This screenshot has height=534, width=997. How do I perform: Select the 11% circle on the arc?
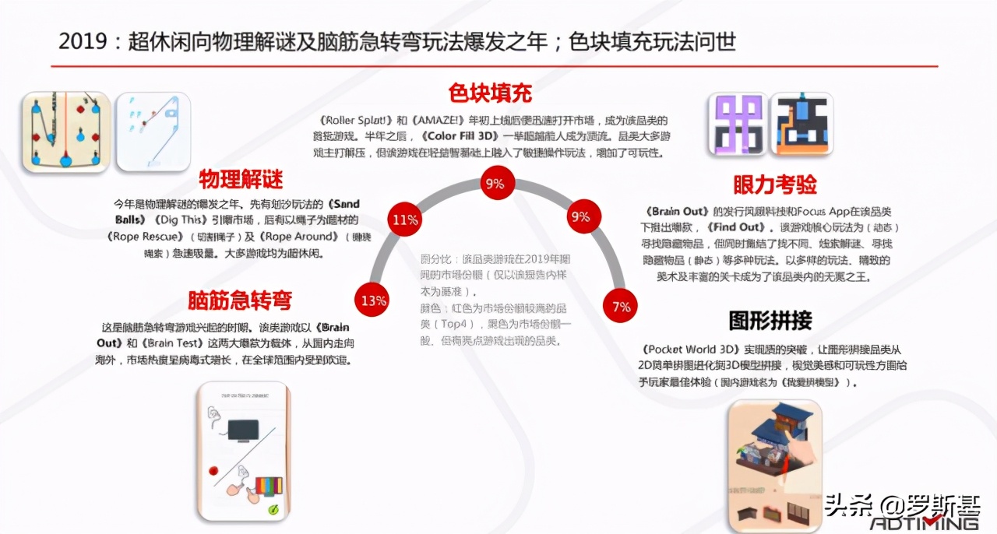(405, 220)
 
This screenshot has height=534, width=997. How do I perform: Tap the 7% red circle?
(621, 306)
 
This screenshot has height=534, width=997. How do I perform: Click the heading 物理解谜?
(241, 179)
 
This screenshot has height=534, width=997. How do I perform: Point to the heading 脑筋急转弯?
(240, 300)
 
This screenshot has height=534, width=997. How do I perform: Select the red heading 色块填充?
(490, 93)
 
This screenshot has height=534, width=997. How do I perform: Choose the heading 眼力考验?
(775, 184)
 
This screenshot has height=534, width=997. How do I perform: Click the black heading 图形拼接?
(770, 320)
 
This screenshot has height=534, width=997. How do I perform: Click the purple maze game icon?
(736, 124)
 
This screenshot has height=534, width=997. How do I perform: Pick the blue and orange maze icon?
(801, 124)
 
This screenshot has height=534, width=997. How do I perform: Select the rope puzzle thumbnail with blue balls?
(65, 131)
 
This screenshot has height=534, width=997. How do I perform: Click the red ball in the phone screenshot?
(212, 469)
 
